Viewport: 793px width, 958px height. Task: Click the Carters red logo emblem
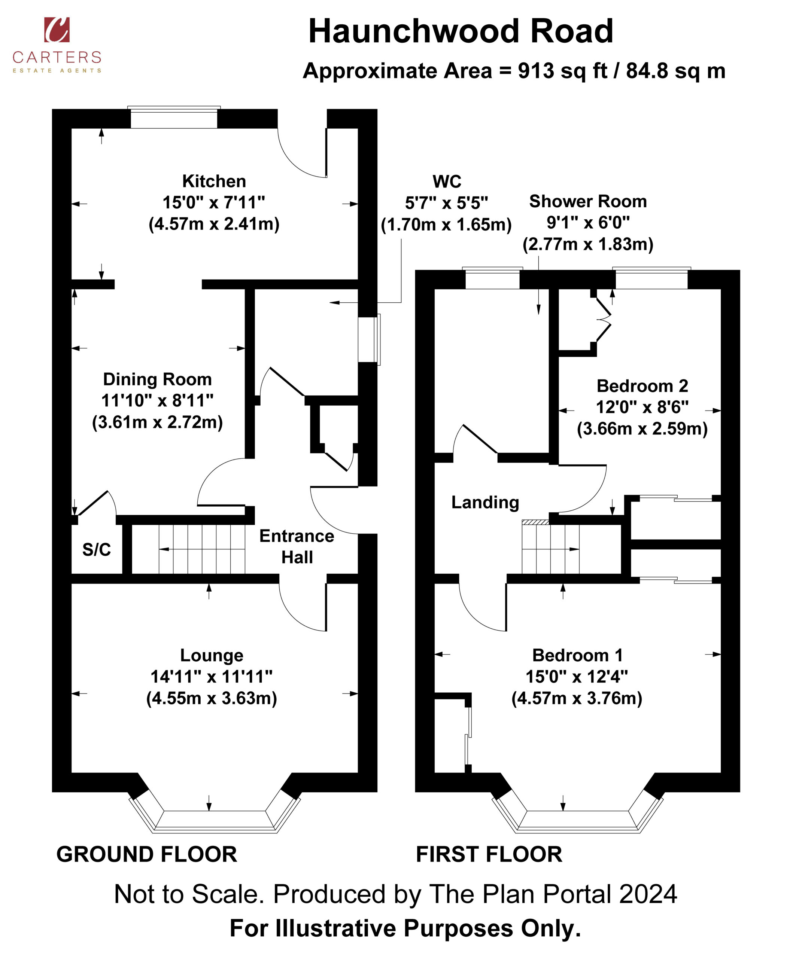click(x=57, y=30)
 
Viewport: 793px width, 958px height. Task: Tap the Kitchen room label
click(x=214, y=181)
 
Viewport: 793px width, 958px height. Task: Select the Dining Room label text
click(x=158, y=379)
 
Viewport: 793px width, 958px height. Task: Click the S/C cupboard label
click(x=96, y=550)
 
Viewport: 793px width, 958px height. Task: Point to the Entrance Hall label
click(x=297, y=546)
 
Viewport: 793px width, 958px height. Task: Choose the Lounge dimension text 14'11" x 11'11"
click(x=212, y=677)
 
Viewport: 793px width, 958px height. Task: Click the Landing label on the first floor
click(x=485, y=502)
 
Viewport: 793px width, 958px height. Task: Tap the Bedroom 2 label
click(x=642, y=386)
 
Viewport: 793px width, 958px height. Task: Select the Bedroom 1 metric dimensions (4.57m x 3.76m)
click(x=577, y=698)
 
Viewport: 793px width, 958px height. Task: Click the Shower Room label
click(x=588, y=201)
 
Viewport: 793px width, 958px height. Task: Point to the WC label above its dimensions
click(x=447, y=181)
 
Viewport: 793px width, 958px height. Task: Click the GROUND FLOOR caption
click(x=146, y=854)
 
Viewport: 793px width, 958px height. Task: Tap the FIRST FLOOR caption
click(x=489, y=854)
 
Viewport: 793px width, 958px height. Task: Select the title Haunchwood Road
click(x=461, y=31)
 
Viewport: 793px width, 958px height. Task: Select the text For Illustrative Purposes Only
click(x=405, y=928)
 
